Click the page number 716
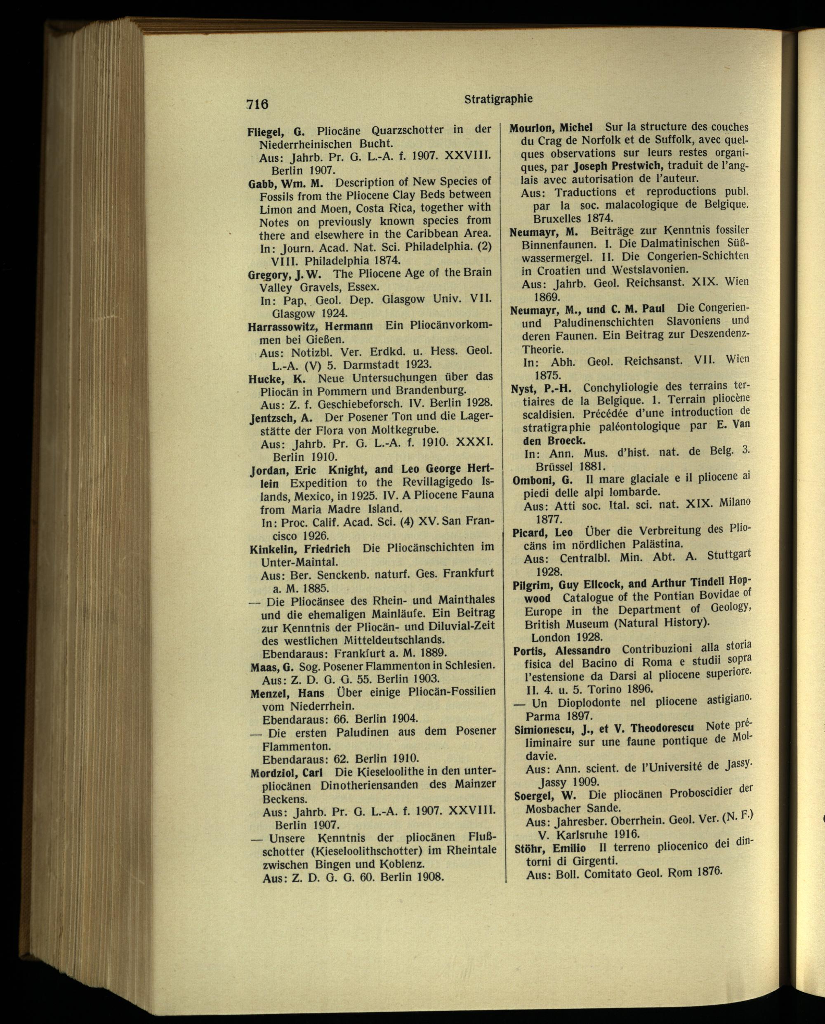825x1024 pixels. [257, 104]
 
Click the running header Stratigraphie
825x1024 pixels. [498, 99]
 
